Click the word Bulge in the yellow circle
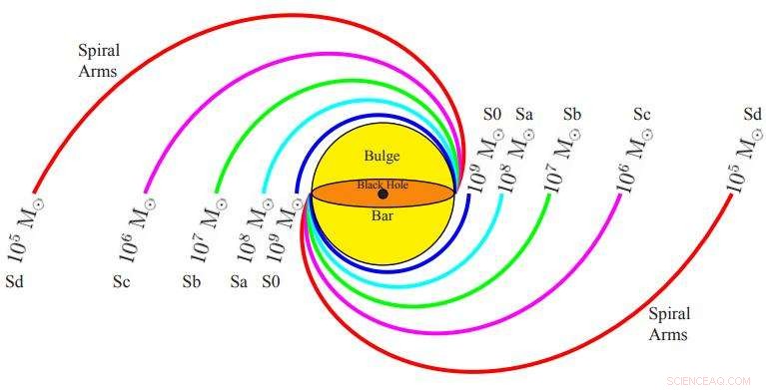coord(382,156)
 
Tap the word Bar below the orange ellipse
coord(383,215)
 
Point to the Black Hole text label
coord(383,185)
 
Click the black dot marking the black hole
coord(383,194)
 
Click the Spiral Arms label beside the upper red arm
coord(98,60)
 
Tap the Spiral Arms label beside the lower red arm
coord(668,324)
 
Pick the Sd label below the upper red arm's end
coord(14,282)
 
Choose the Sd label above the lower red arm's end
coord(752,115)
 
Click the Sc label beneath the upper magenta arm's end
coord(121,282)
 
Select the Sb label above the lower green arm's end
coord(572,115)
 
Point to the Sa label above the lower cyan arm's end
coord(524,115)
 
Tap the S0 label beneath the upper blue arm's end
coord(271,282)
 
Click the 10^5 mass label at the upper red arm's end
coord(27,229)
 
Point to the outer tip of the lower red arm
coord(733,194)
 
